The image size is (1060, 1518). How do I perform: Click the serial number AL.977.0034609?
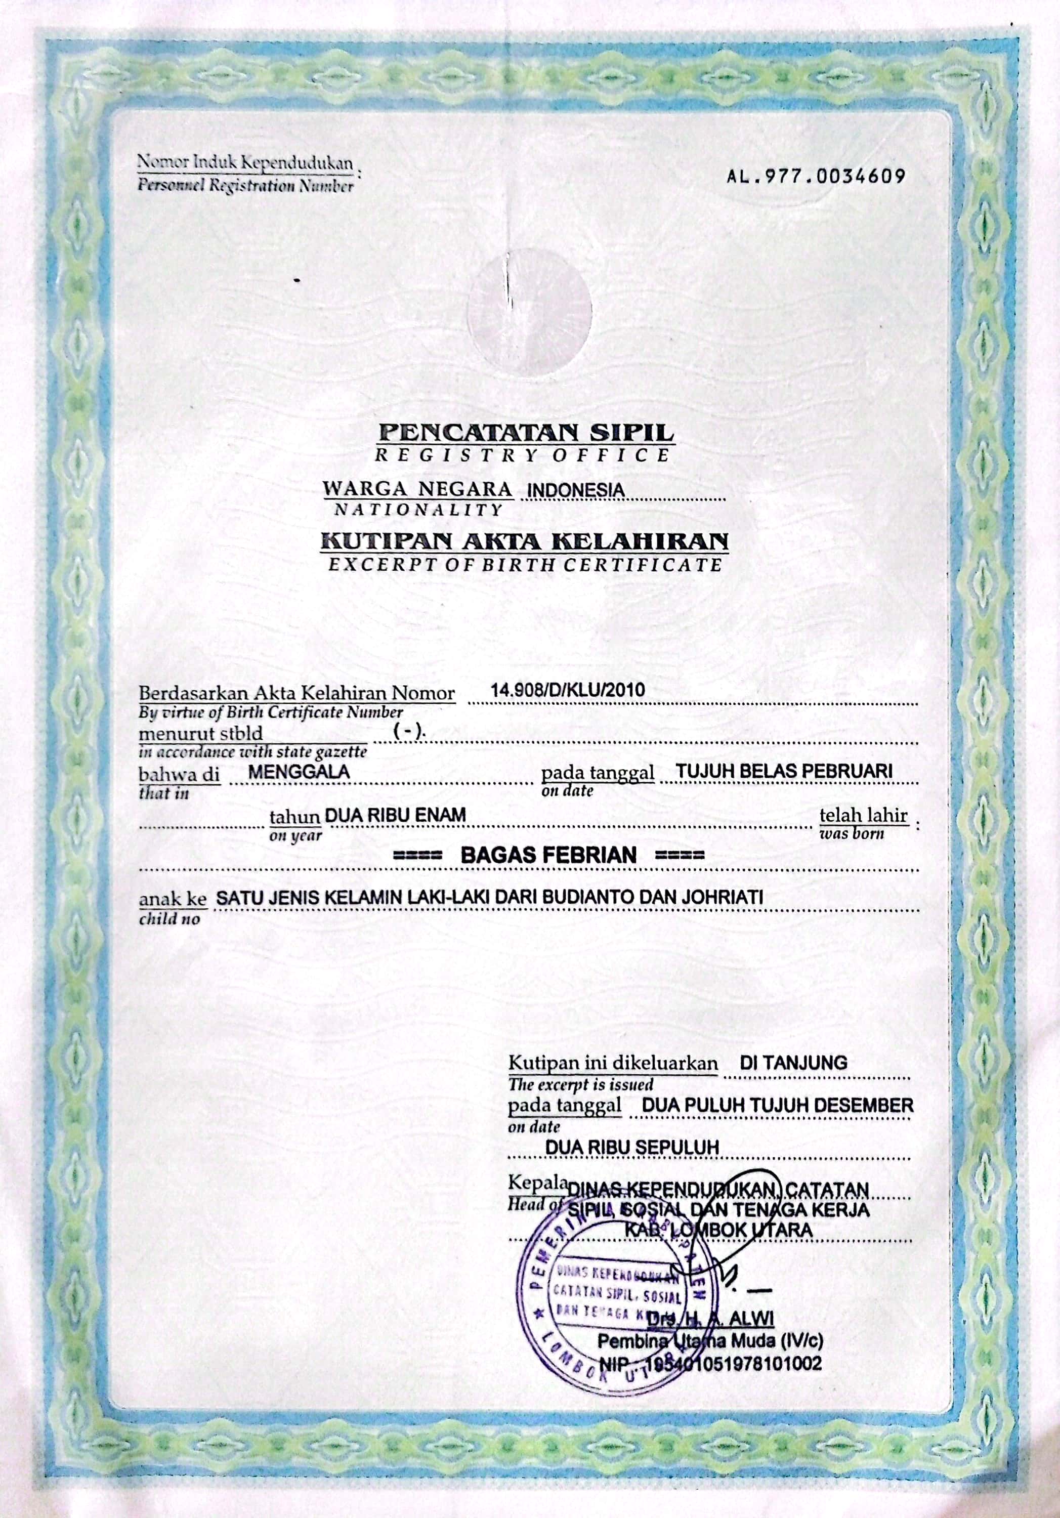point(816,177)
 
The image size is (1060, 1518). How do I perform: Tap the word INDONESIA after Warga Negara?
point(573,490)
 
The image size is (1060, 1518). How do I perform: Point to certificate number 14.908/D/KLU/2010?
point(567,690)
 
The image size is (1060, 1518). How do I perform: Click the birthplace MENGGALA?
point(299,771)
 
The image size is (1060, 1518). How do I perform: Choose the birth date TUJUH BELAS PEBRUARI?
point(785,771)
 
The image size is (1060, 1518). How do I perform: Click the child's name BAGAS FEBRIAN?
point(548,855)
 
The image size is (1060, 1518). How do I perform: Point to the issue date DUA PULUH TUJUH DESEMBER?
point(778,1105)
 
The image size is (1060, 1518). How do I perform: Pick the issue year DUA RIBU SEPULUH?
point(631,1147)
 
